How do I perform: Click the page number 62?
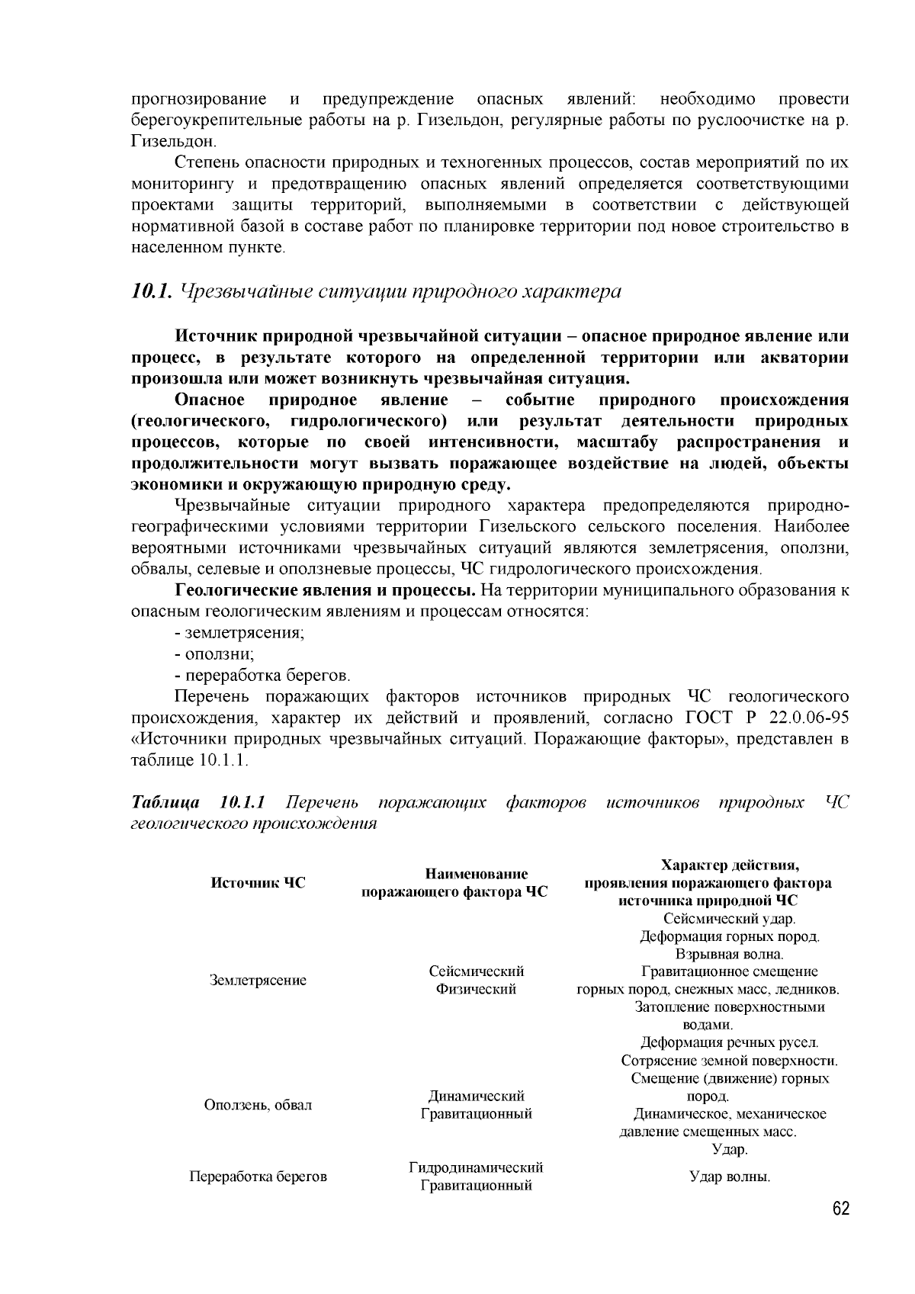tap(840, 1210)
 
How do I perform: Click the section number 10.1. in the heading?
tap(153, 291)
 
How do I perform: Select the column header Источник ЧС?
tap(258, 883)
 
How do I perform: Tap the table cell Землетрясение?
tap(258, 981)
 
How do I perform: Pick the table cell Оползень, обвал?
tap(258, 1105)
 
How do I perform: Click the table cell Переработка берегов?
tap(258, 1177)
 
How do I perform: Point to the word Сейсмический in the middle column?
tap(476, 971)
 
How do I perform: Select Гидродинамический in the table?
tap(476, 1167)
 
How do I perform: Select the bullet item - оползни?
tap(214, 654)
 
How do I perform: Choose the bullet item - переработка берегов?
tap(262, 676)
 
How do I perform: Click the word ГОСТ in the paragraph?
tap(709, 718)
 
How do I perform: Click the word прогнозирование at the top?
tap(199, 99)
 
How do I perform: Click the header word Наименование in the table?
tap(476, 874)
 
